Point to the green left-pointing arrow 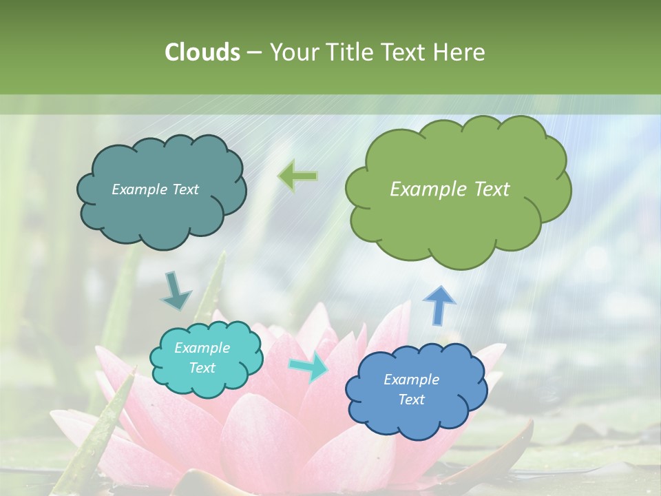click(298, 176)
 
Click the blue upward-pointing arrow click(439, 304)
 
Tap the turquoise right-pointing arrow click(309, 368)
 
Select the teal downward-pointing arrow click(176, 291)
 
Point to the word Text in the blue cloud click(412, 400)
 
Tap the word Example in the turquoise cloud click(202, 348)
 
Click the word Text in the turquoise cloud click(202, 368)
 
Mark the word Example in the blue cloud click(412, 380)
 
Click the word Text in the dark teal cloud click(185, 189)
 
